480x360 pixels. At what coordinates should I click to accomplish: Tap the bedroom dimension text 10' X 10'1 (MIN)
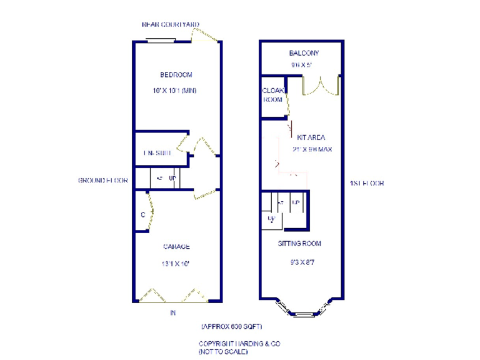174,91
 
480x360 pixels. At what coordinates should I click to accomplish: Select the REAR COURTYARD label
171,25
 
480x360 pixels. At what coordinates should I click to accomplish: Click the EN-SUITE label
157,153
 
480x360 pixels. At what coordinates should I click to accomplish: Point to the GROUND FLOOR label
103,181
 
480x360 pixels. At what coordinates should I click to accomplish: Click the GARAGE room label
176,247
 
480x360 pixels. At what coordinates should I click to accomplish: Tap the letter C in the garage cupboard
143,215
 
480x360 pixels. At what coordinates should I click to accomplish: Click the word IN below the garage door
173,313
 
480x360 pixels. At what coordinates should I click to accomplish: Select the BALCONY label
304,54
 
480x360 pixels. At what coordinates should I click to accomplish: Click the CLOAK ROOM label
272,95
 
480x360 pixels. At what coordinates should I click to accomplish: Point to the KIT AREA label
311,137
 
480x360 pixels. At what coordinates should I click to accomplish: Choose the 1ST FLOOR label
367,183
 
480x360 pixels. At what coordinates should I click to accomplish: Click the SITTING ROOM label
300,243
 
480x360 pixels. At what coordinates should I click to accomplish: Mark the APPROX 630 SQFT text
232,327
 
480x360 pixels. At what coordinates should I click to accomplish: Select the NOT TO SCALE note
223,352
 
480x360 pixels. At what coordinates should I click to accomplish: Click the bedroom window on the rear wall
161,42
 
